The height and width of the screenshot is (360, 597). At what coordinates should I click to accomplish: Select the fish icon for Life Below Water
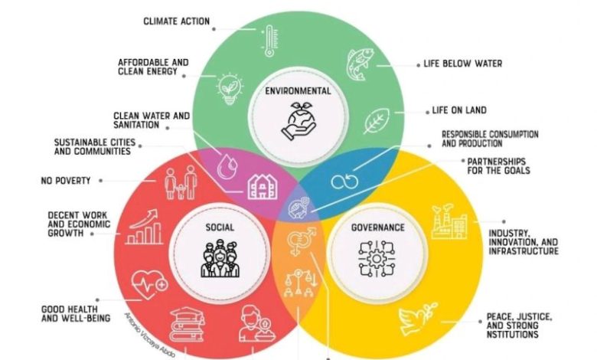tap(360, 64)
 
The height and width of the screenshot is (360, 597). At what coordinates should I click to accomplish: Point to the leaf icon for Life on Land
tap(376, 120)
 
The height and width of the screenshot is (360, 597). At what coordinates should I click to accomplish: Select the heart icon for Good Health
tap(150, 286)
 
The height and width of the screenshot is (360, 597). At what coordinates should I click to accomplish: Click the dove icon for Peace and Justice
tap(418, 321)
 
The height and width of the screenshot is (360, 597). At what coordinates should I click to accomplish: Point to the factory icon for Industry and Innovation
tap(449, 221)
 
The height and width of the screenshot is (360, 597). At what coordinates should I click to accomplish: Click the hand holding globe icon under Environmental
tap(298, 123)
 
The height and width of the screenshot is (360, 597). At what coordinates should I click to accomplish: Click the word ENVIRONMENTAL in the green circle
tap(298, 91)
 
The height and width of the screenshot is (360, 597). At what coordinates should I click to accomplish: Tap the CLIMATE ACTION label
tap(177, 21)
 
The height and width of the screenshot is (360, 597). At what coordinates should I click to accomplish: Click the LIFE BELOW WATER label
tap(463, 64)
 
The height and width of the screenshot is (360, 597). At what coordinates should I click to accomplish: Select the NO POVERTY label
tap(65, 181)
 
